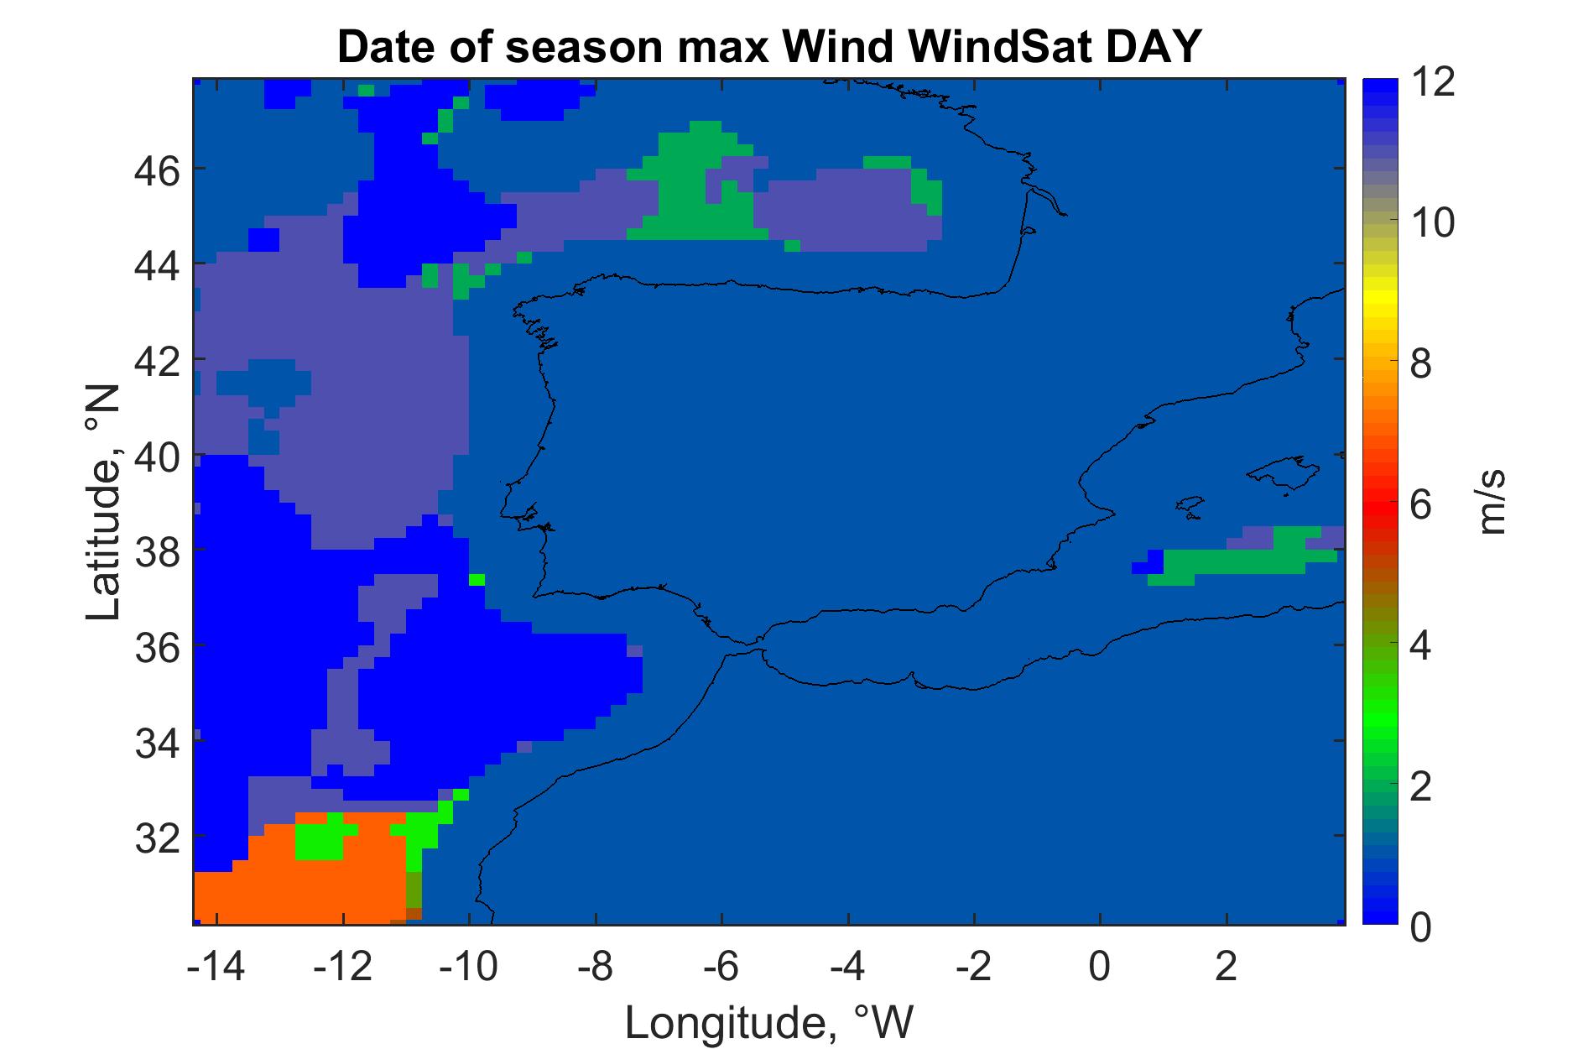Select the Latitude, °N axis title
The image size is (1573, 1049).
(x=104, y=504)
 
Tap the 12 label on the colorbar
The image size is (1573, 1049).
(x=1432, y=84)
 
